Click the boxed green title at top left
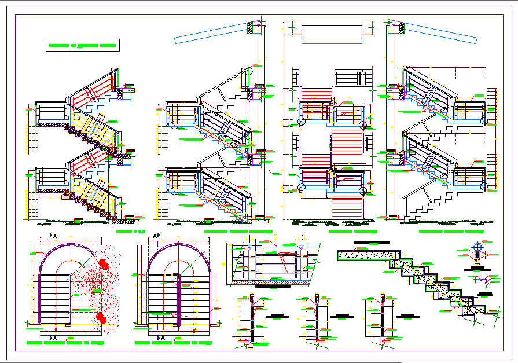click(82, 45)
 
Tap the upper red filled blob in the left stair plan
click(104, 265)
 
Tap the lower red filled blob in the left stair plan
click(102, 317)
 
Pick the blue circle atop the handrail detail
click(477, 247)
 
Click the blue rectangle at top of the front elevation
click(332, 41)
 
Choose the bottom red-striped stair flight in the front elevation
click(348, 206)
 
